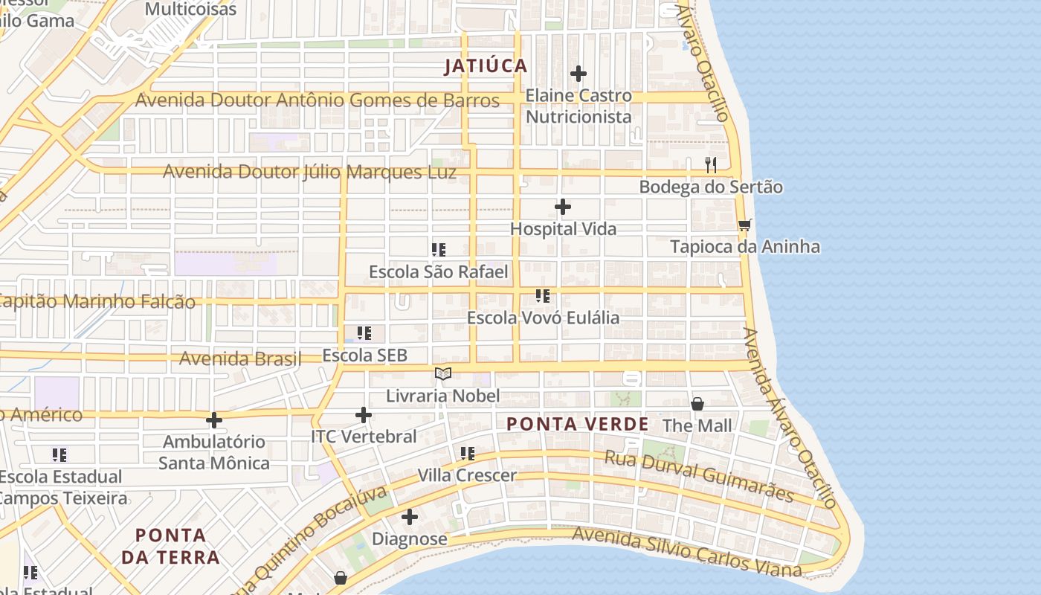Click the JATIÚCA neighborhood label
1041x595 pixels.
click(486, 66)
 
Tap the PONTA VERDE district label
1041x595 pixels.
click(577, 425)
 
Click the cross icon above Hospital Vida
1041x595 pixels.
click(563, 207)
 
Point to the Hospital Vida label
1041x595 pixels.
click(563, 229)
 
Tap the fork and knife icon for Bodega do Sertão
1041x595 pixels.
click(711, 164)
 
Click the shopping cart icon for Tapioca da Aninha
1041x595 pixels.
click(744, 225)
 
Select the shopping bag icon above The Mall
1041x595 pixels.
click(697, 404)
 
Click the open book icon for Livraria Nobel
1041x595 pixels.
click(443, 373)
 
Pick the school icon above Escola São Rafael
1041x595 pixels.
click(439, 250)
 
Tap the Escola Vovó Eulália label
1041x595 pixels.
click(543, 318)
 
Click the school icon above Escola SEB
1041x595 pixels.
click(364, 333)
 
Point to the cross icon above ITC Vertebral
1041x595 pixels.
click(364, 415)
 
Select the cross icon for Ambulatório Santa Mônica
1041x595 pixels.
click(214, 420)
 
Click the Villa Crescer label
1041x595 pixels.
click(467, 475)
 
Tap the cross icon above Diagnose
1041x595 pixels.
click(410, 517)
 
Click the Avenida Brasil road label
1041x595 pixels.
click(240, 358)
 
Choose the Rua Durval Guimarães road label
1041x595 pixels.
click(699, 476)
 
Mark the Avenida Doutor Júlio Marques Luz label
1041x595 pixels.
click(309, 172)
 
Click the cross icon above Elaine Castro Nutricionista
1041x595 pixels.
click(578, 74)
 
